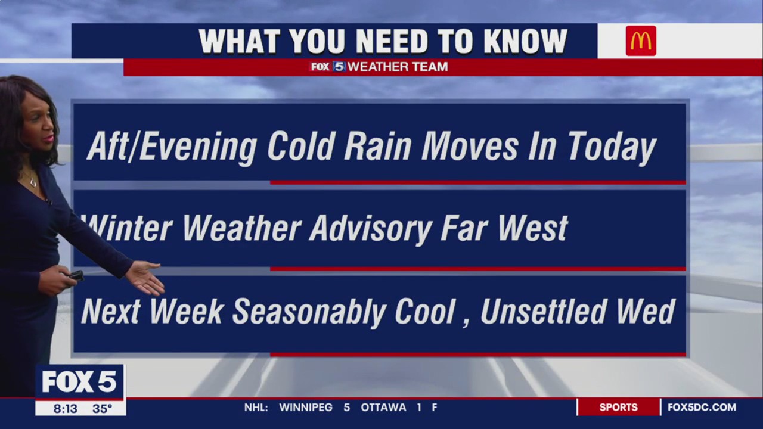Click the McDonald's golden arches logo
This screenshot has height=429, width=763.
(641, 41)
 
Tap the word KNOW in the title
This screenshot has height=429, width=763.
(525, 42)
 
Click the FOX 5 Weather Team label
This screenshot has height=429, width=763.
(379, 67)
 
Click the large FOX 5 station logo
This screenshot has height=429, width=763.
(79, 382)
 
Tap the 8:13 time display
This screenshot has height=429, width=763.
(66, 409)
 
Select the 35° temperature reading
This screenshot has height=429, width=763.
(102, 409)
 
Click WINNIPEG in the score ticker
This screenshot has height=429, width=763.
(306, 408)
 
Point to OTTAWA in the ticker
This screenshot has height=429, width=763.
(383, 408)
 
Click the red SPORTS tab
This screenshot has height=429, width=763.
(618, 408)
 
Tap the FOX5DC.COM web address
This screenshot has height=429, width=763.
(702, 408)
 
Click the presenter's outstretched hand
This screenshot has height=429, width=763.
(146, 277)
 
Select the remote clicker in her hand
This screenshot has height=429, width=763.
(76, 275)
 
